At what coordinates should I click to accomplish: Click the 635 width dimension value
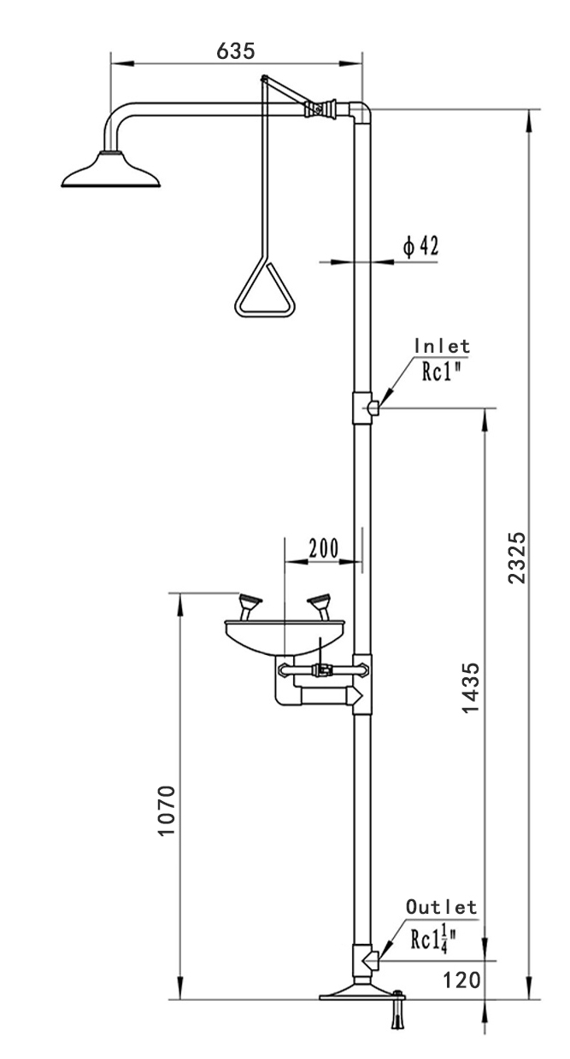[x=236, y=50]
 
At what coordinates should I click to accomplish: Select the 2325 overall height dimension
[x=516, y=557]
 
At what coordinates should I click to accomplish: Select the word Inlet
[x=442, y=346]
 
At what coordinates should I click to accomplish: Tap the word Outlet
[x=441, y=906]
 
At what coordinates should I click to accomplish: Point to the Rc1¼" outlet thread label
[x=433, y=939]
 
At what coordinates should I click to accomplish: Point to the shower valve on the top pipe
[x=319, y=109]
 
